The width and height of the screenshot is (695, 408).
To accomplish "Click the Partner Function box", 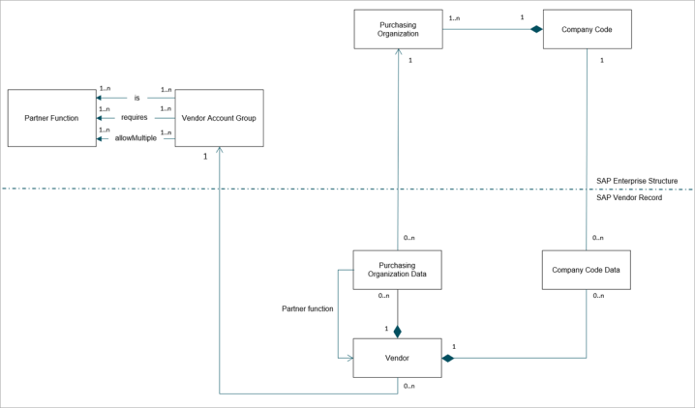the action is tap(52, 118).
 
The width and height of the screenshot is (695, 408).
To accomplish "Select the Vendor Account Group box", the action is tap(220, 118).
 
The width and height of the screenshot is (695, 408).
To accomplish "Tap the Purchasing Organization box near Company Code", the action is tap(398, 29).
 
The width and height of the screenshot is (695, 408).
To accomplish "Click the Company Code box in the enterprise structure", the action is tap(588, 29).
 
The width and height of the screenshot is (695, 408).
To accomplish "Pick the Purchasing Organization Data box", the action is tap(397, 270).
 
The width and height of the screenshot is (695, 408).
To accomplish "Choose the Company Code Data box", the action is tap(587, 270).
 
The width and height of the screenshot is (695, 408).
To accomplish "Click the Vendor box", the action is tap(397, 358).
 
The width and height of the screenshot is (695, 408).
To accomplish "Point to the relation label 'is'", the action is tap(136, 98).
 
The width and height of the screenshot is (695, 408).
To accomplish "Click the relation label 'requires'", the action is tap(135, 117).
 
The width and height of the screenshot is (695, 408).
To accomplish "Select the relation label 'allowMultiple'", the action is tap(136, 138).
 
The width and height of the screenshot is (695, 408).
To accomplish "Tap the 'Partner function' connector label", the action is tap(308, 308).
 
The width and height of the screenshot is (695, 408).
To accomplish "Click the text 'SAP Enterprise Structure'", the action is tap(637, 181).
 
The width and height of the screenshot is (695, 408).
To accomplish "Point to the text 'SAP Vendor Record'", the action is tap(629, 198).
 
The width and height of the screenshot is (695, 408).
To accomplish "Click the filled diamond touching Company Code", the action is tap(537, 29).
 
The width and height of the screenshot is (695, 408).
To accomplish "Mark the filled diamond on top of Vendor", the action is tap(397, 332).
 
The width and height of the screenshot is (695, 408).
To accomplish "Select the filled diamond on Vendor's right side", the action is tap(448, 358).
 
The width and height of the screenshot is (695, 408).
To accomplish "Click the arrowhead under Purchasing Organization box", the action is tap(399, 52).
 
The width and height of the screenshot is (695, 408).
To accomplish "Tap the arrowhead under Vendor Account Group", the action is tap(219, 150).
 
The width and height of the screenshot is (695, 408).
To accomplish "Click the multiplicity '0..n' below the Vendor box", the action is tap(409, 387).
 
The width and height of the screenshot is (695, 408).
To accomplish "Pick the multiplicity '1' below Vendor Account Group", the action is tap(205, 157).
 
